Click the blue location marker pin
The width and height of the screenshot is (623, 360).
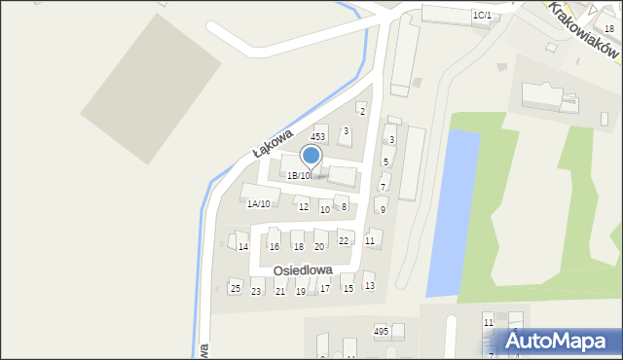pyautogui.click(x=311, y=156)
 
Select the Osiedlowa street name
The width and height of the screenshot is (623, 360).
pyautogui.click(x=303, y=270)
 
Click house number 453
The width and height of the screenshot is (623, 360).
pyautogui.click(x=317, y=137)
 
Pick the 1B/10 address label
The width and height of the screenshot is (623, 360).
pyautogui.click(x=298, y=176)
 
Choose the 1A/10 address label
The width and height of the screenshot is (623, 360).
pyautogui.click(x=258, y=203)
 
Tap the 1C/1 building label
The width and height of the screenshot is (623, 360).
pyautogui.click(x=481, y=16)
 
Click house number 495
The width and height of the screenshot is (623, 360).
pyautogui.click(x=382, y=332)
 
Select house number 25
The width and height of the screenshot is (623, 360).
pyautogui.click(x=235, y=289)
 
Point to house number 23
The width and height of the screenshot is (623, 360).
pyautogui.click(x=257, y=291)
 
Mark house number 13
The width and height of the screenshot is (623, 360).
pyautogui.click(x=369, y=286)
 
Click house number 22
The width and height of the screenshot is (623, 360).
pyautogui.click(x=344, y=240)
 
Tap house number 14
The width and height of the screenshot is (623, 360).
pyautogui.click(x=243, y=246)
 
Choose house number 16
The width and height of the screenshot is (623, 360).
pyautogui.click(x=275, y=247)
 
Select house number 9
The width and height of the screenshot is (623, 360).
pyautogui.click(x=383, y=209)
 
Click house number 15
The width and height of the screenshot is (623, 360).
pyautogui.click(x=348, y=289)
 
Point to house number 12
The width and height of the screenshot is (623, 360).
pyautogui.click(x=304, y=207)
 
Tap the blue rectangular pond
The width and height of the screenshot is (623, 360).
pyautogui.click(x=453, y=209)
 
